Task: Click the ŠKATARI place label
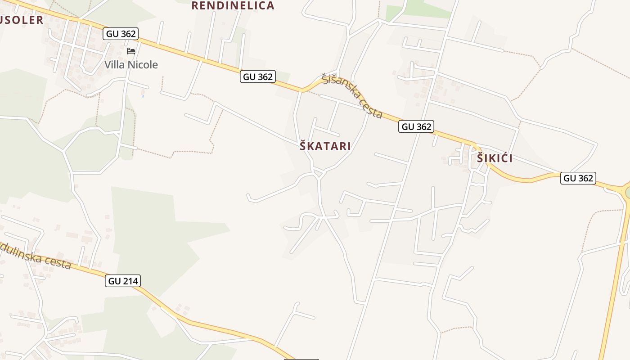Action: [x=325, y=146]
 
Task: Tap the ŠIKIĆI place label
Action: [x=495, y=158]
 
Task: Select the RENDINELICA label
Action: [x=233, y=5]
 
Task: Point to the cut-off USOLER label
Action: [x=22, y=20]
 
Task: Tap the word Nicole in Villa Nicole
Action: [x=143, y=64]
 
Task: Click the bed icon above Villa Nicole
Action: [x=131, y=51]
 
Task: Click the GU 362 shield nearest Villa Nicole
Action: [x=121, y=34]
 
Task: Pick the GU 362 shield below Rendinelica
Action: [x=258, y=77]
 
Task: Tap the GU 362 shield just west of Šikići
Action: [x=417, y=127]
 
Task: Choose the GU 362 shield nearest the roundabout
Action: [x=578, y=178]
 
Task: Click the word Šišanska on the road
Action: [x=342, y=88]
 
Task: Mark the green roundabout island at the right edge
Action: [x=628, y=193]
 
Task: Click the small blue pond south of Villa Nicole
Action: [x=143, y=95]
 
